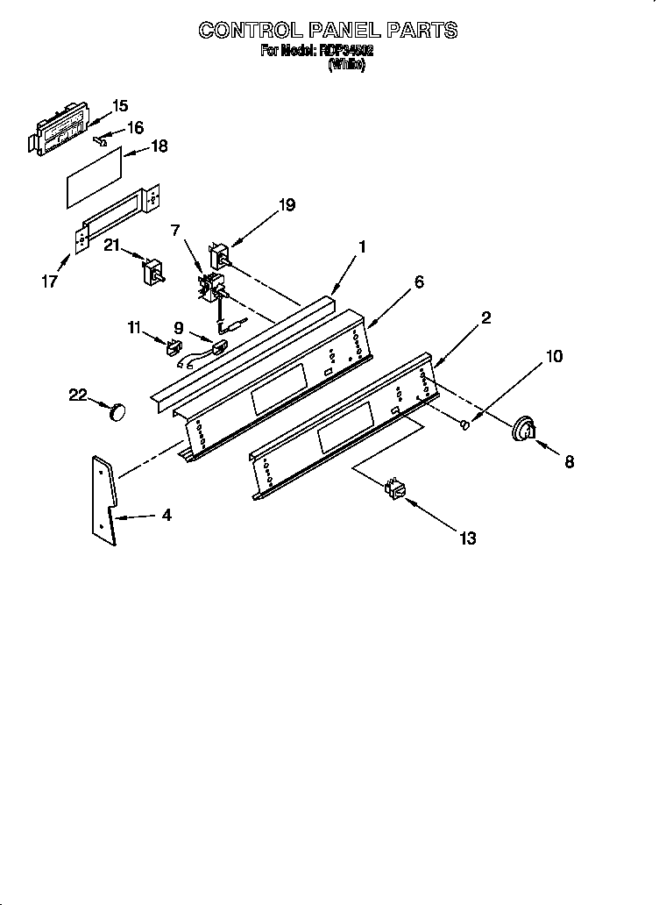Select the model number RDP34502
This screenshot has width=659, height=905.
[x=346, y=52]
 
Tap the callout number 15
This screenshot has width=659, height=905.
[x=120, y=106]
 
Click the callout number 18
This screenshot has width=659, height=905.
[x=159, y=147]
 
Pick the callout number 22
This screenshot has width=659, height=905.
[x=78, y=395]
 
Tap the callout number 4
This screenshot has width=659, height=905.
[x=165, y=516]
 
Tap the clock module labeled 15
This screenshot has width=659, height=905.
[x=63, y=128]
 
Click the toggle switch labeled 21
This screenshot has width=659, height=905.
[x=156, y=273]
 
